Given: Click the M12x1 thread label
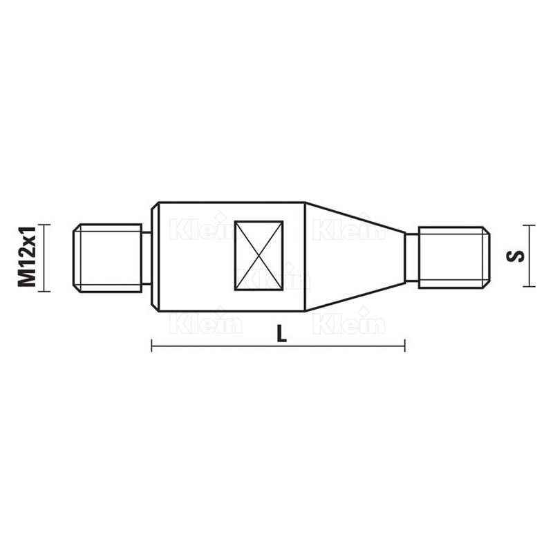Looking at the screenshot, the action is click(27, 256).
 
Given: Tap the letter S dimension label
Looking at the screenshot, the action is click(515, 256).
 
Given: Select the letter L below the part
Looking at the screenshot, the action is click(281, 333).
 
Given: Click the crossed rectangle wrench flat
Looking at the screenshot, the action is click(259, 256).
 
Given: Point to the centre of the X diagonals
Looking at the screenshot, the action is click(259, 256).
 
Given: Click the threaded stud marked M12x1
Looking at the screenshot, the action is click(107, 258).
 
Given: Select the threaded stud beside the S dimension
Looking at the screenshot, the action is click(454, 257).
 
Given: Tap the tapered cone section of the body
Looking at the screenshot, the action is click(355, 256).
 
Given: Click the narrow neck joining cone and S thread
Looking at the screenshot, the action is click(411, 257).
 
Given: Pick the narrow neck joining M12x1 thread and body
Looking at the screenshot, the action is click(147, 258).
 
